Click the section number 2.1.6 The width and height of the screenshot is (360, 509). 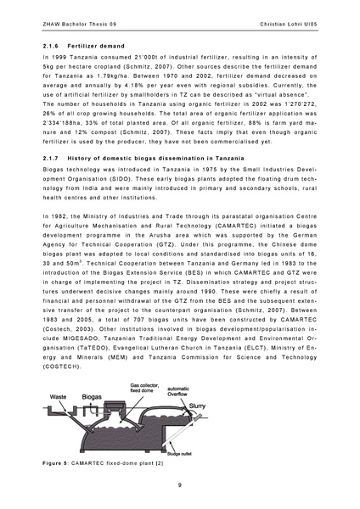50,46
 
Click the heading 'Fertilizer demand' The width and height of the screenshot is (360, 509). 93,46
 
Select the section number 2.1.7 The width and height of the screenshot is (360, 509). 50,182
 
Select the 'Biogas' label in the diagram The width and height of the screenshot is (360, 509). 93,395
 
